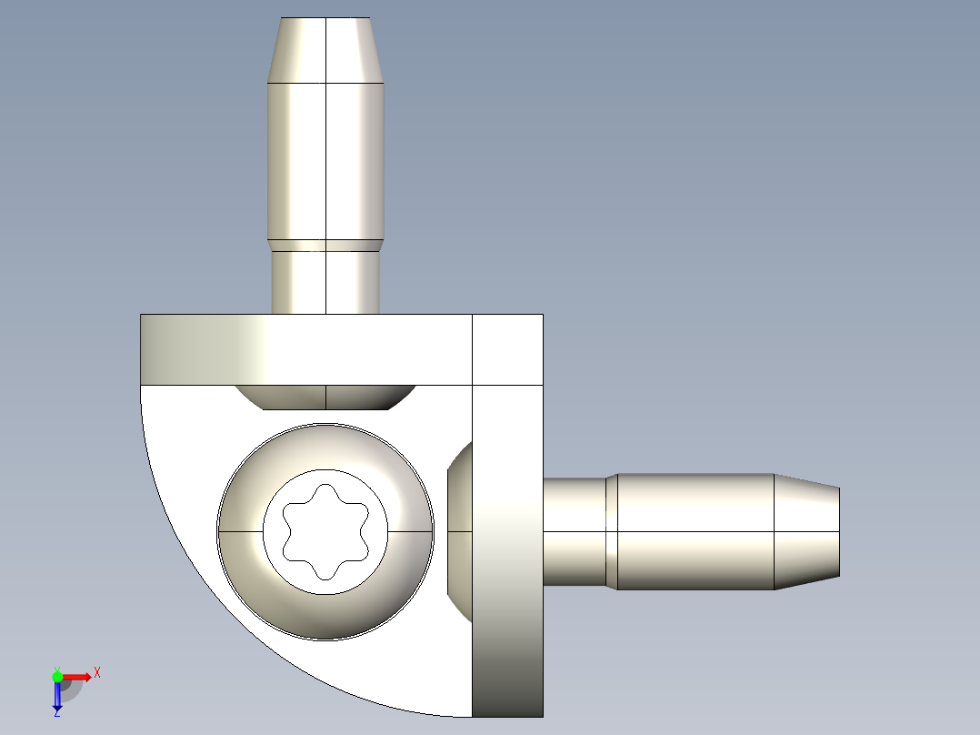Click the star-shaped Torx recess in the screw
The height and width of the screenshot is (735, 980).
point(325,531)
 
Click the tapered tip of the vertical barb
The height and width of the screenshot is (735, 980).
point(325,50)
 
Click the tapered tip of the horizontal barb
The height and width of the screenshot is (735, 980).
point(806,531)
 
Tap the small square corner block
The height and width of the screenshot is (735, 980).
point(507,349)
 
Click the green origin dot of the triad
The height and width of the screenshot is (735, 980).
point(57,676)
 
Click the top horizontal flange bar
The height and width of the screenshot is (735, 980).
point(305,349)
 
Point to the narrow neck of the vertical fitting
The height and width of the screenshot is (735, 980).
point(325,282)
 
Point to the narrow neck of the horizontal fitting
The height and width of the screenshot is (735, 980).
point(574,531)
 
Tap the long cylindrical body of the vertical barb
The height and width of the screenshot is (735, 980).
point(325,160)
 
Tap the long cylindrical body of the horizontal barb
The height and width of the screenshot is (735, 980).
point(695,531)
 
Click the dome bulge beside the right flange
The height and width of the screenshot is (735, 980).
point(461,531)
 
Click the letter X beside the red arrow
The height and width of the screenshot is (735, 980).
point(97,672)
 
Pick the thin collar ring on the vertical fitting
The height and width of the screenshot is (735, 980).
point(325,245)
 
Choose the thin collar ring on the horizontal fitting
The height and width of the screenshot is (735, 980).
point(612,531)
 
